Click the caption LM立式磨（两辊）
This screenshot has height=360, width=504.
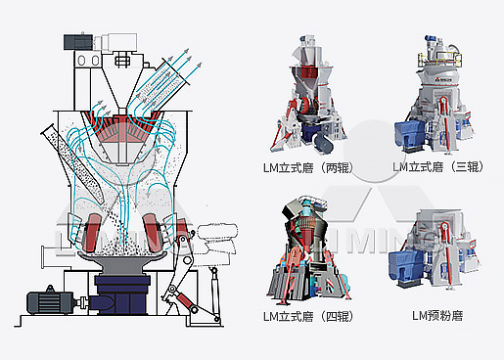308,168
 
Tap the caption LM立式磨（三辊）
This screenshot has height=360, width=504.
437,167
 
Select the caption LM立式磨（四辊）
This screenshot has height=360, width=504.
308,316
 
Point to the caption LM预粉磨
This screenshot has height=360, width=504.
437,316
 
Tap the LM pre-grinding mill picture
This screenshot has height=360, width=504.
435,248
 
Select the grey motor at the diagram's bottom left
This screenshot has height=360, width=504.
51,301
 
